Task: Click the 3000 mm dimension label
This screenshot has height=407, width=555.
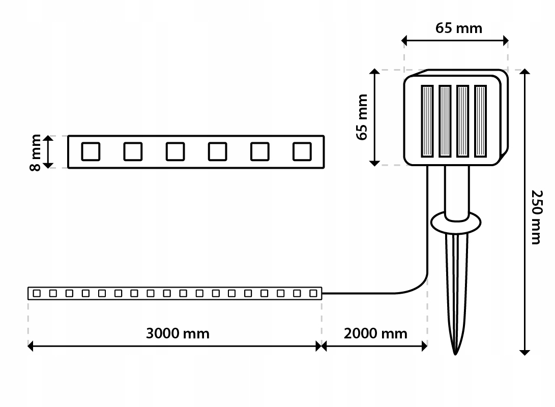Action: click(x=178, y=333)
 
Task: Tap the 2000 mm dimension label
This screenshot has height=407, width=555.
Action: click(x=375, y=333)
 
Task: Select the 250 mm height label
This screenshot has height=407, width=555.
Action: click(x=537, y=217)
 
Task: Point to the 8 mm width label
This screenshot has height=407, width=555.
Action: click(x=36, y=152)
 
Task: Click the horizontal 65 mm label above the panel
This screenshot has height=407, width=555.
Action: click(x=459, y=28)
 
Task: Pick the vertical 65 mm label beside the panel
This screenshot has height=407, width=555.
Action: click(x=362, y=117)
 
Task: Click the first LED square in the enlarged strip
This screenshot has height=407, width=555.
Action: click(x=91, y=152)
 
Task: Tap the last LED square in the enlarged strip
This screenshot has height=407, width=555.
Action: click(x=302, y=152)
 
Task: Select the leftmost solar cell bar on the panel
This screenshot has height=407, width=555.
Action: click(x=427, y=121)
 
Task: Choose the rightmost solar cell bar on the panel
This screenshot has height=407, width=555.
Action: click(x=480, y=121)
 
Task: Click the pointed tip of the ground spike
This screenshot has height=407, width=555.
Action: click(x=455, y=354)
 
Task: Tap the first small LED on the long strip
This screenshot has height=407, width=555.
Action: click(x=37, y=293)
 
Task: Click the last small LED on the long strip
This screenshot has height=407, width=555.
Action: click(x=313, y=293)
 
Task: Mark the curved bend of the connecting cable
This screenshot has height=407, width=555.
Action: click(x=418, y=288)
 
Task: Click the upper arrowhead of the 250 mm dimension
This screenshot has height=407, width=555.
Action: click(x=525, y=72)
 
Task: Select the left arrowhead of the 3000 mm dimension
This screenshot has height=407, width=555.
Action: click(x=31, y=346)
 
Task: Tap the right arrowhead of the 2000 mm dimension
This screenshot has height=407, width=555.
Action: click(x=424, y=346)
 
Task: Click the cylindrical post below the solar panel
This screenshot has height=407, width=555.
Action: click(x=457, y=193)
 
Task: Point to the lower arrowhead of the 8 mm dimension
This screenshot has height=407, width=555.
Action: click(x=48, y=165)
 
